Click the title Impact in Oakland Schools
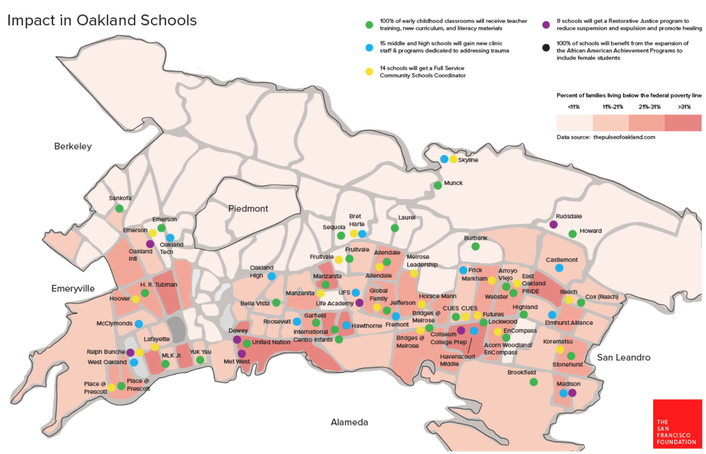(x=102, y=20)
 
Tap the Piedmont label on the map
(x=248, y=209)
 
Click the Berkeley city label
(x=73, y=146)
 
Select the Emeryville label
(x=73, y=289)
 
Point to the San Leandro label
(x=624, y=357)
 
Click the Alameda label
(x=349, y=422)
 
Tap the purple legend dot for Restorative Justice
(x=546, y=25)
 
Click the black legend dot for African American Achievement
(x=546, y=47)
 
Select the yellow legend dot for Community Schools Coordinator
(x=369, y=71)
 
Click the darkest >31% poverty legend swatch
(x=683, y=123)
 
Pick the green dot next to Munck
(x=438, y=186)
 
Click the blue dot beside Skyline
(x=444, y=159)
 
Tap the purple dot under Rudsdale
(x=553, y=224)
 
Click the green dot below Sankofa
(x=119, y=208)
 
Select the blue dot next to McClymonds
(x=139, y=324)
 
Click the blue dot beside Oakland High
(x=272, y=276)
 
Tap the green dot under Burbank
(x=475, y=246)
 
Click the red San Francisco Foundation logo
(x=677, y=424)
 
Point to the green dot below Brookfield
(x=533, y=382)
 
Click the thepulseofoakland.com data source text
(x=624, y=137)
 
